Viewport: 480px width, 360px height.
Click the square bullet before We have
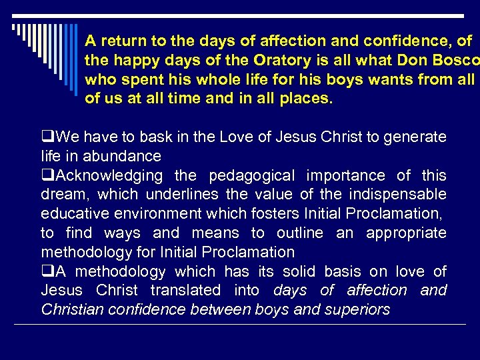click(x=46, y=137)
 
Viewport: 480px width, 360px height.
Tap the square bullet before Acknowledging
click(x=46, y=176)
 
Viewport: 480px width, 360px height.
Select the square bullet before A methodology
click(x=46, y=272)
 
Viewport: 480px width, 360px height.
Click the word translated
click(x=185, y=291)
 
